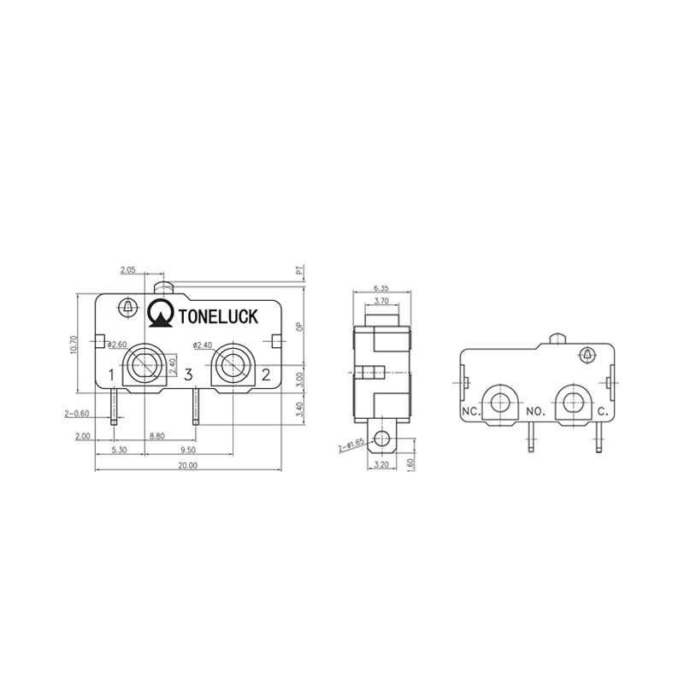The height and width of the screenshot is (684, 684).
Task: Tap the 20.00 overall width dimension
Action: [187, 465]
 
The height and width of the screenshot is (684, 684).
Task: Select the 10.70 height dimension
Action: [74, 344]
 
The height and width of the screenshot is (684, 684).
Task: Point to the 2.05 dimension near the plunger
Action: [128, 269]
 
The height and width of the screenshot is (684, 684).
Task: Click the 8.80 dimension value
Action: [157, 436]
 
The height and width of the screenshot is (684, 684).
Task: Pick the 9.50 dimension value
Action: [189, 450]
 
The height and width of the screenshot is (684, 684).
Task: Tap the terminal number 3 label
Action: [188, 374]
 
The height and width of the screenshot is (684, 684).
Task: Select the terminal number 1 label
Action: [111, 374]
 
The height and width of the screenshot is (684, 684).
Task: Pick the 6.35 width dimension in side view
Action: [382, 288]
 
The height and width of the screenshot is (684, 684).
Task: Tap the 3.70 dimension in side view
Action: [382, 301]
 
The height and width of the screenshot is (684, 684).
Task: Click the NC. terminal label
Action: [470, 411]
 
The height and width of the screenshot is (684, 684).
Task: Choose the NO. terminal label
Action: [536, 411]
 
